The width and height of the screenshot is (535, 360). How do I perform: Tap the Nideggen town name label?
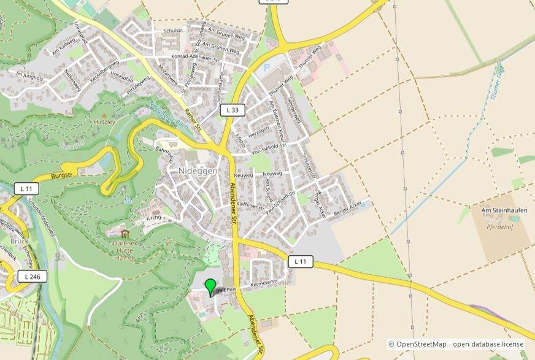pos(198,171)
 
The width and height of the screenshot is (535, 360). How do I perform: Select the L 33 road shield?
pos(233,110)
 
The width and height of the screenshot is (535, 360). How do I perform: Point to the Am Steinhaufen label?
pos(504,210)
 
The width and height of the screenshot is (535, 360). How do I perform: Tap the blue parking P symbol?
pos(266,67)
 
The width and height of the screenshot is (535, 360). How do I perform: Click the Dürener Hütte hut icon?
pos(125,234)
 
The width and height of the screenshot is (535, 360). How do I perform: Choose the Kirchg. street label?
pos(153,218)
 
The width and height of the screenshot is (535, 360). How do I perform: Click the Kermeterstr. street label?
pos(264,284)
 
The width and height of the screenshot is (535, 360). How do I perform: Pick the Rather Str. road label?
pos(193,120)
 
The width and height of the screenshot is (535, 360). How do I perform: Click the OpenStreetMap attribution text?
pos(456,345)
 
